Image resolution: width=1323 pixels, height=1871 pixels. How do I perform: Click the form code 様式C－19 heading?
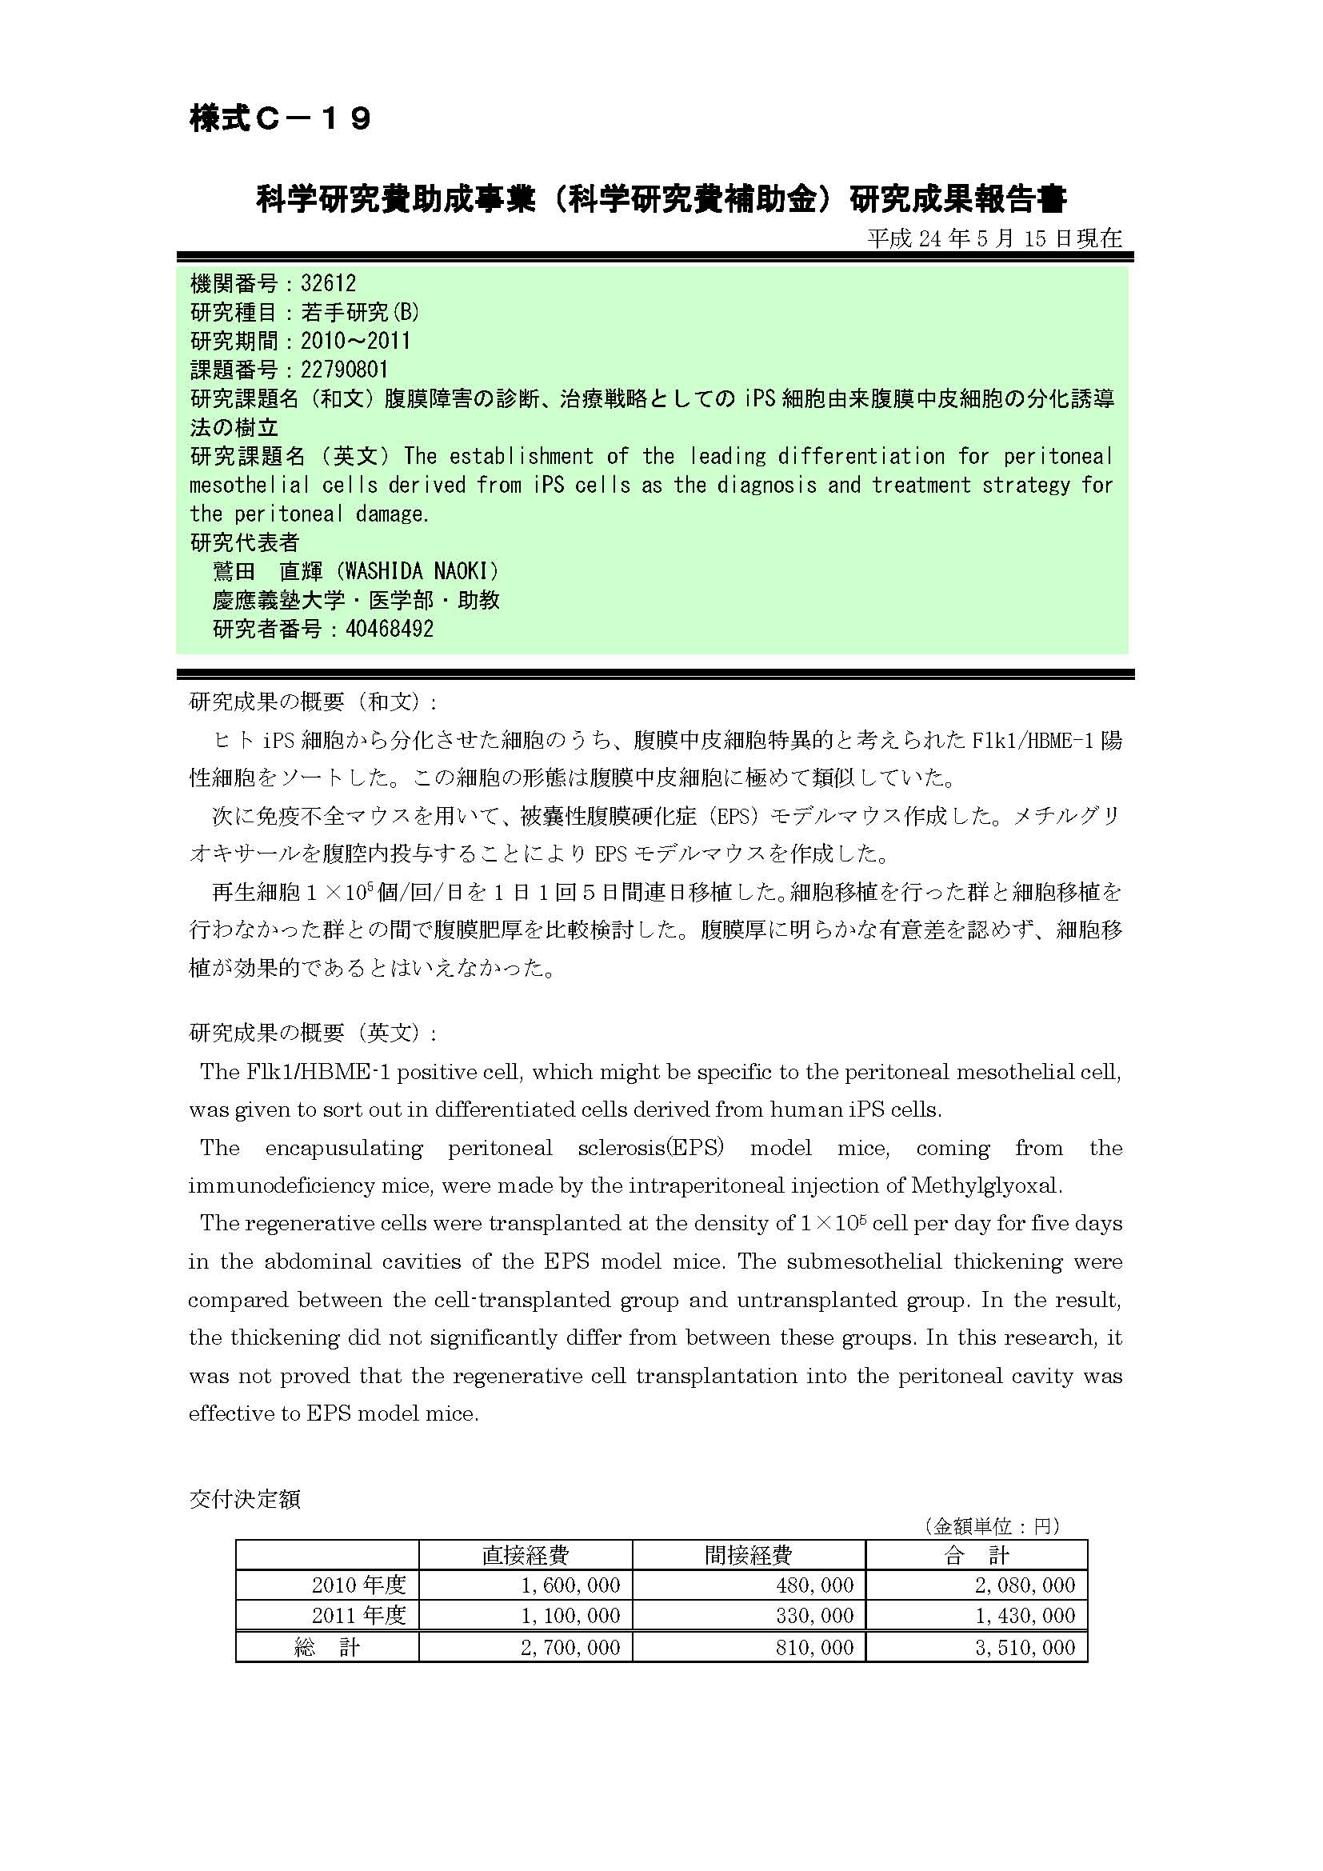pos(281,119)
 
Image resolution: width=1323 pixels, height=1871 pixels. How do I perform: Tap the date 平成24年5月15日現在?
pos(994,238)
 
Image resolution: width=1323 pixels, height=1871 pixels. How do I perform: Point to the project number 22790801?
pos(344,370)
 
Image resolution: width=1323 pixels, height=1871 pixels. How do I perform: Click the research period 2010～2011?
pos(355,341)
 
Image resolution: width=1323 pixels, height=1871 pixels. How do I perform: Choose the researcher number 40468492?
pos(390,629)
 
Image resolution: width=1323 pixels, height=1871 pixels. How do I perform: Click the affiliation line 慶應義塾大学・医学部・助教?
pos(356,601)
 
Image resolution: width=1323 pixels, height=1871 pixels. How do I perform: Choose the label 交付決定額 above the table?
pos(245,1499)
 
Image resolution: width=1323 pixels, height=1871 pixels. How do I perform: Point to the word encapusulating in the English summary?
pos(344,1148)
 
